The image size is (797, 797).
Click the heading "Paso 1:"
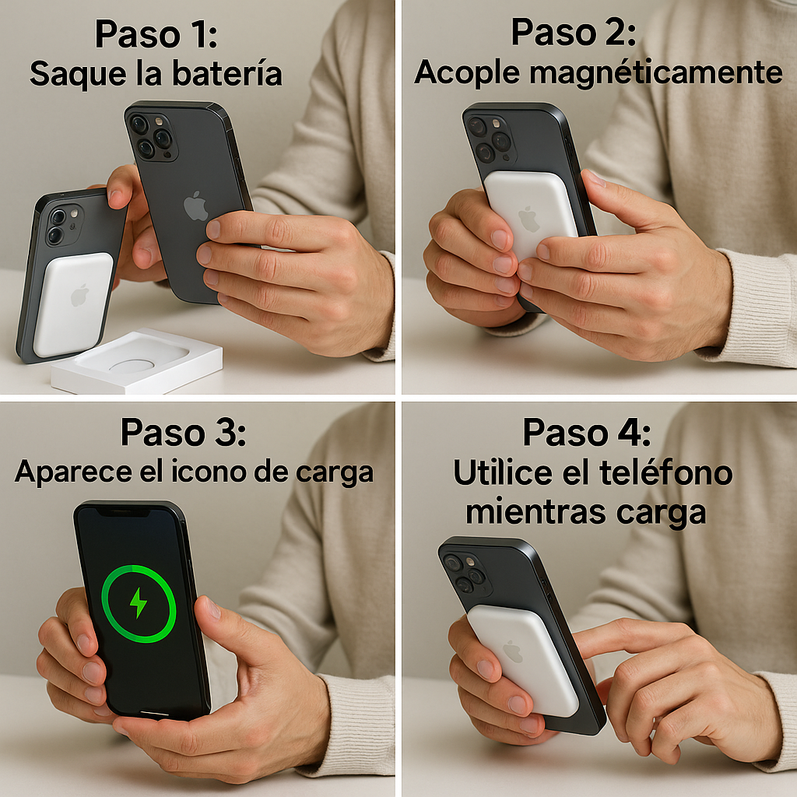click(x=156, y=35)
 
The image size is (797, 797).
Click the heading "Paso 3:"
click(x=184, y=433)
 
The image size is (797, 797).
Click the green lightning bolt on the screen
click(x=139, y=603)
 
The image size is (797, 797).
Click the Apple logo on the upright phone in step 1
click(x=196, y=205)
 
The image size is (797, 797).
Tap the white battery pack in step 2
click(x=531, y=214)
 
